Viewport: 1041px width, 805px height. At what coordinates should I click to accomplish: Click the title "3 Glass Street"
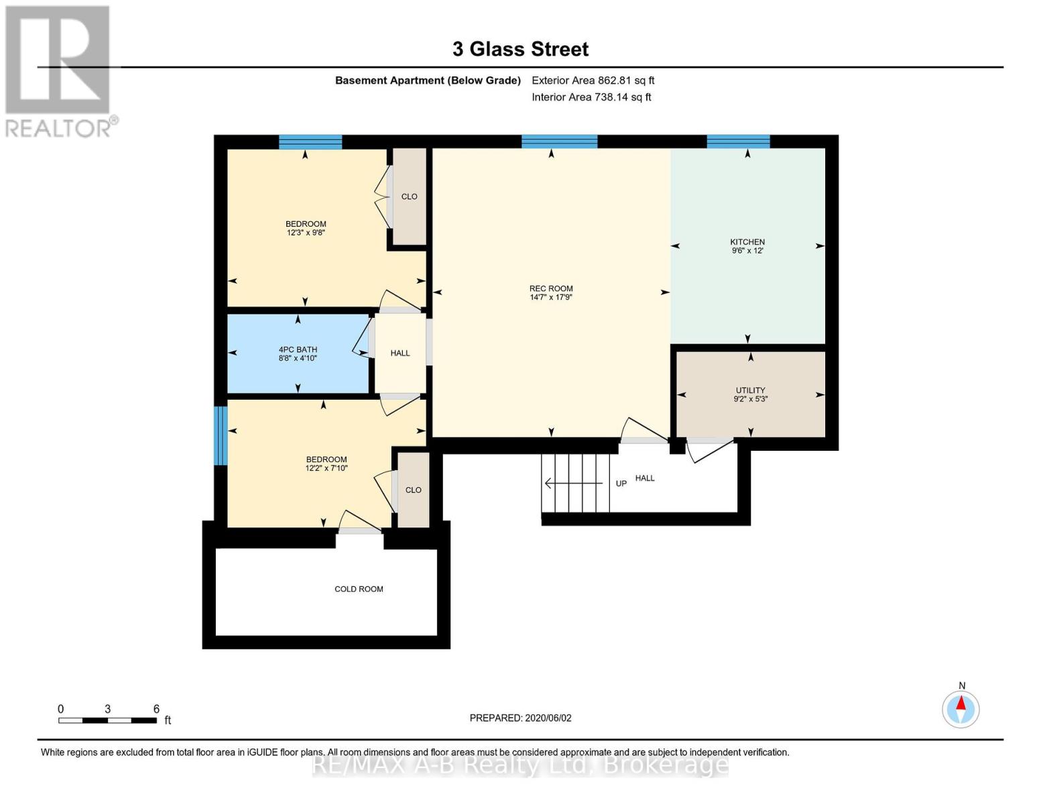[520, 49]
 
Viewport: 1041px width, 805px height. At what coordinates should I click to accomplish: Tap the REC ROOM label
[551, 288]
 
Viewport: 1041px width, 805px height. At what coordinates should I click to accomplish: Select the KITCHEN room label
[747, 242]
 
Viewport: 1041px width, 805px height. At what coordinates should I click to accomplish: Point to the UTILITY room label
[750, 390]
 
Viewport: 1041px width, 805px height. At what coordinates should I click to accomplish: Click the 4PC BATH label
[298, 350]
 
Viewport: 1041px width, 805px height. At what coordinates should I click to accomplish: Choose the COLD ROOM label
[359, 589]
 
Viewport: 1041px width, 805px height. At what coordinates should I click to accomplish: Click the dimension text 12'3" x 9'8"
[306, 233]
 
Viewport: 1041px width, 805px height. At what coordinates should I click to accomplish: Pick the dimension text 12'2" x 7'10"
[326, 468]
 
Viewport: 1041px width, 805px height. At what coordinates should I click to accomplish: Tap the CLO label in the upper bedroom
[409, 197]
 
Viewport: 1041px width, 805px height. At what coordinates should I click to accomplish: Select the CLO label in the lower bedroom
[413, 490]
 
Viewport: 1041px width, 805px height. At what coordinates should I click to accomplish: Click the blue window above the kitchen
[738, 142]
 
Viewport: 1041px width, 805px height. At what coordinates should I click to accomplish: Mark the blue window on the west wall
[221, 435]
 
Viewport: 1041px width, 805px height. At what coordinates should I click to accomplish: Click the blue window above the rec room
[559, 142]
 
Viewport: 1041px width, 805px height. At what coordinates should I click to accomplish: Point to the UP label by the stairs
[621, 484]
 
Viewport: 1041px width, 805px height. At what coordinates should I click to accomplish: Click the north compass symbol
[961, 708]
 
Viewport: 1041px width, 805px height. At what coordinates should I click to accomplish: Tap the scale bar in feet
[107, 720]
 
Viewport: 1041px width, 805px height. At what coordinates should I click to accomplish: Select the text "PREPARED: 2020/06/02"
[520, 718]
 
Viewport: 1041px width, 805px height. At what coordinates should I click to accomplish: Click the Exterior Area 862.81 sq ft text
[593, 80]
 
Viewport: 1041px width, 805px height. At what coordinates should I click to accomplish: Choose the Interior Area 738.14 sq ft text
[591, 97]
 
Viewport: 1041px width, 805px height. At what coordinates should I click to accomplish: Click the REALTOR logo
[59, 71]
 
